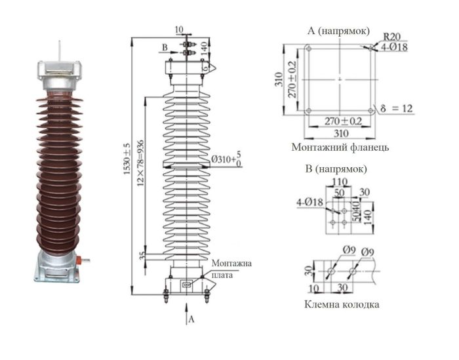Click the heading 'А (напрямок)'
tap(338, 31)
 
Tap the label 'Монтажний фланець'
tap(340, 148)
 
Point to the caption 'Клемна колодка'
tap(342, 304)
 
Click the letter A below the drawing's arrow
tap(191, 321)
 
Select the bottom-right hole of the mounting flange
tap(370, 111)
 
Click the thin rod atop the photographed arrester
tap(60, 51)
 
